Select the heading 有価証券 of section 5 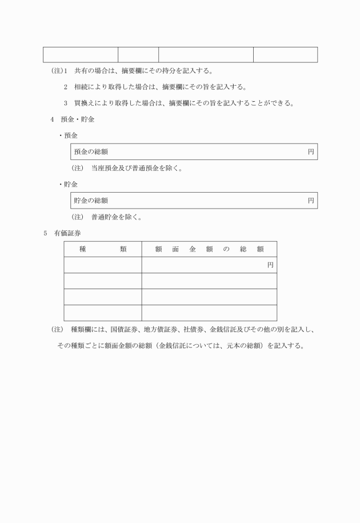(x=70, y=233)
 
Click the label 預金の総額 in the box (x=91, y=152)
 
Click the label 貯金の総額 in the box (x=91, y=201)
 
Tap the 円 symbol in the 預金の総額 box (x=311, y=152)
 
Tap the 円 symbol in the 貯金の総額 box (x=311, y=201)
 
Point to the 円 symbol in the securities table (x=270, y=265)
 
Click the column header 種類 (x=103, y=249)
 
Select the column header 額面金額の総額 (x=209, y=249)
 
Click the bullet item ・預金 (x=69, y=136)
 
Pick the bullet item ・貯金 (x=69, y=185)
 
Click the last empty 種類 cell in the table (x=103, y=313)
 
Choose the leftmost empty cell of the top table (x=81, y=55)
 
